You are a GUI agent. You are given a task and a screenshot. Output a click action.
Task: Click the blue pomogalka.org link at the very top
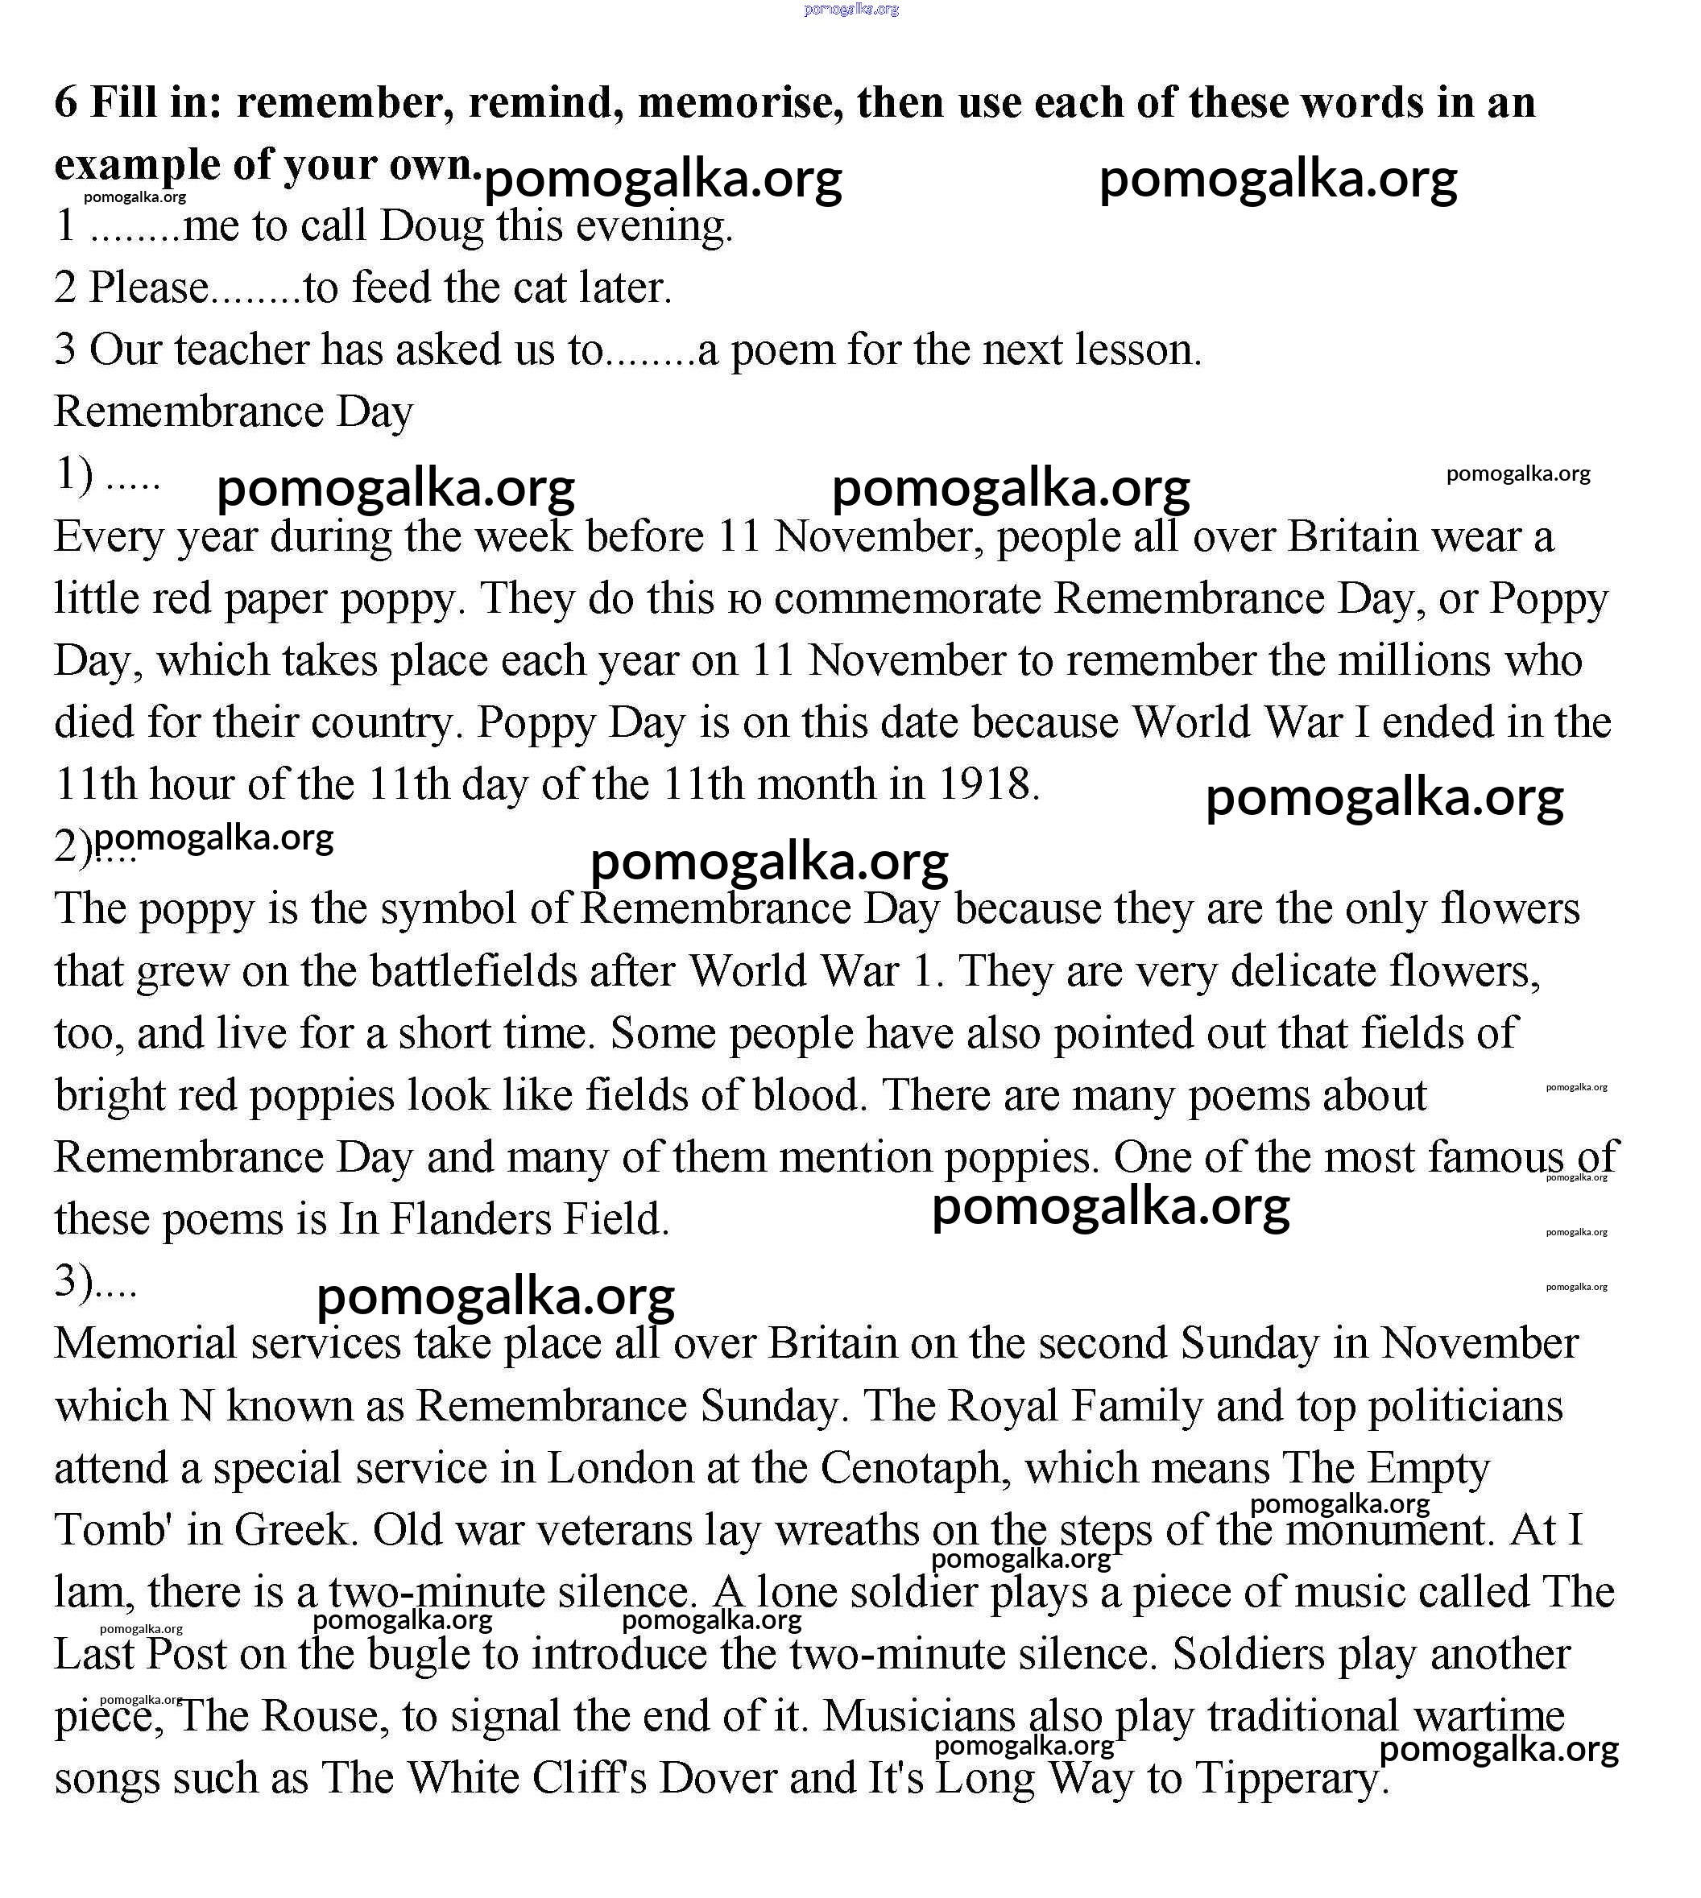coord(850,10)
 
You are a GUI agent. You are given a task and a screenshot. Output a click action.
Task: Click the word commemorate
coord(908,598)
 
